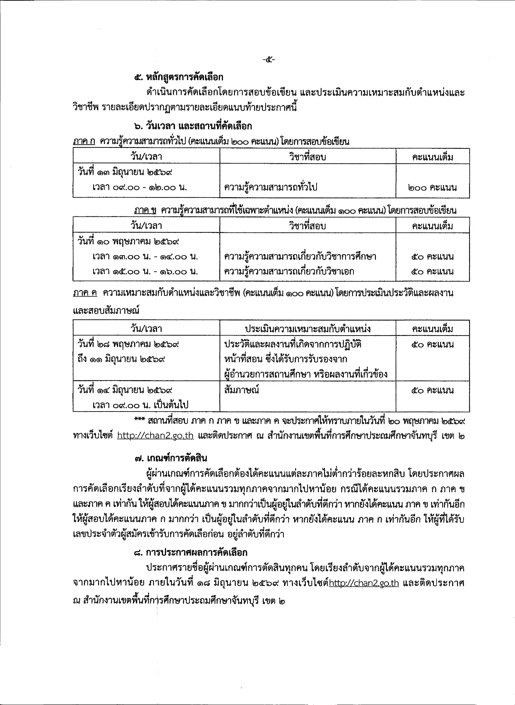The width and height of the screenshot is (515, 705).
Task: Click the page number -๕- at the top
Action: tap(268, 60)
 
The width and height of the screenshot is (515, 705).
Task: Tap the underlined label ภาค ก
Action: tap(84, 141)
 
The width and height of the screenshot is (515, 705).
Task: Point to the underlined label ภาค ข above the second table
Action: tap(145, 210)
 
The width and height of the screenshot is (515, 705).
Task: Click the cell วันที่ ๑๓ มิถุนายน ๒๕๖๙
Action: tap(125, 172)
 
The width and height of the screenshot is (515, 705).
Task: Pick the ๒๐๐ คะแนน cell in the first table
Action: tap(432, 187)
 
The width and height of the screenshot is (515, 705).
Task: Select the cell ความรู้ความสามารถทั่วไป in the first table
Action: tap(270, 187)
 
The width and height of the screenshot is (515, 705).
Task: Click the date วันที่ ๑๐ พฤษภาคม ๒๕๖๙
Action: tap(128, 241)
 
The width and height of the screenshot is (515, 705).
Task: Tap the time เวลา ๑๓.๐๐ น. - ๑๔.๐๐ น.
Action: tap(145, 257)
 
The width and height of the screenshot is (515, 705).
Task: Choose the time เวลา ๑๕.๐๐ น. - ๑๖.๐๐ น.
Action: tap(145, 272)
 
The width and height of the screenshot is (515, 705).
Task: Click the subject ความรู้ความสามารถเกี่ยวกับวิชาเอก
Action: tap(289, 272)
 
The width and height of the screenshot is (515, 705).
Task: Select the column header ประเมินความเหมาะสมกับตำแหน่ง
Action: tap(308, 328)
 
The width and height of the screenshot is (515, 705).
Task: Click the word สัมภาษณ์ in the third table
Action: tap(241, 390)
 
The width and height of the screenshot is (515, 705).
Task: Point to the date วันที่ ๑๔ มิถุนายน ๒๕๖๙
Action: tap(125, 390)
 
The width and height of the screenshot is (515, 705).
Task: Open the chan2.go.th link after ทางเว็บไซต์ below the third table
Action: tap(155, 436)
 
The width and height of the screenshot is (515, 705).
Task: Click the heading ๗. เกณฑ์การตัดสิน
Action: tap(171, 458)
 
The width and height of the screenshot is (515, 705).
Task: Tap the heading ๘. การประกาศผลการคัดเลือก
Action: tap(191, 552)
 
